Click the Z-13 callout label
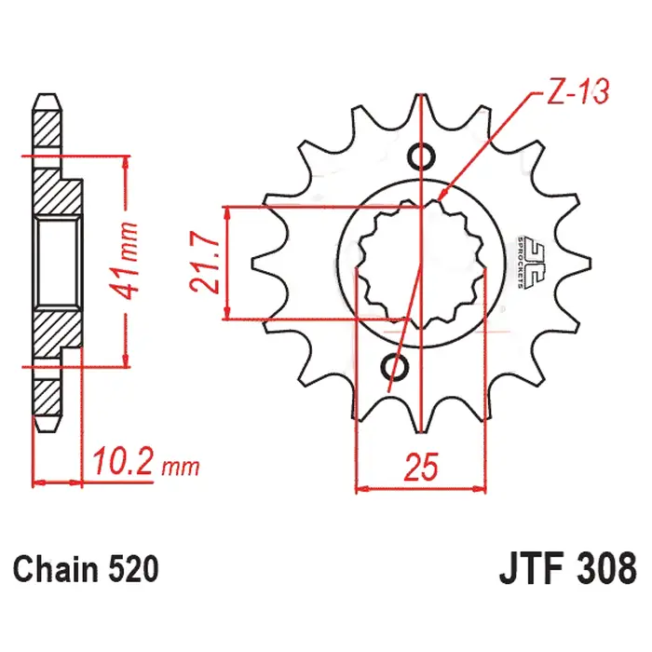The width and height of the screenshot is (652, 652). pyautogui.click(x=578, y=91)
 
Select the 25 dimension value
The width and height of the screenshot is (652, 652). pyautogui.click(x=421, y=467)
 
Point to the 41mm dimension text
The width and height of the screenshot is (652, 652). pyautogui.click(x=126, y=261)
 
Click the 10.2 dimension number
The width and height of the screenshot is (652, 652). pyautogui.click(x=123, y=461)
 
